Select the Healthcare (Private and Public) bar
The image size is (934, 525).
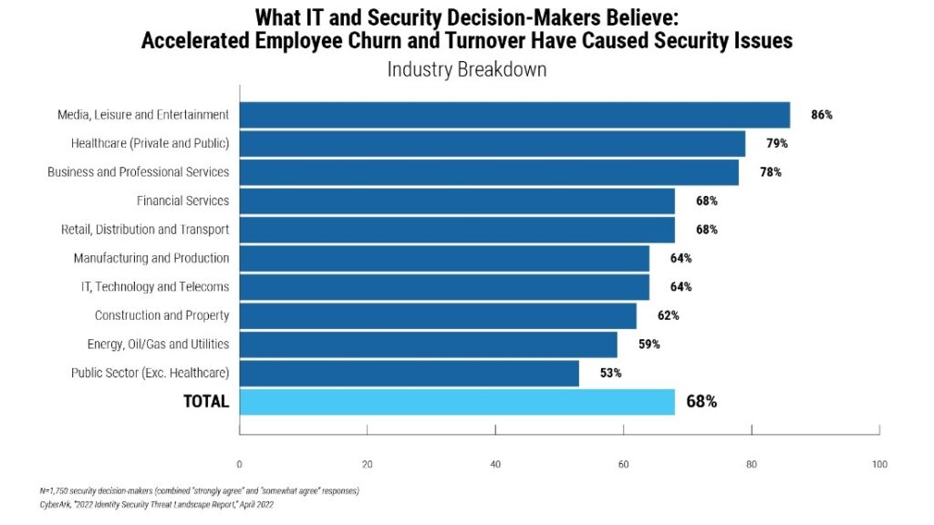[x=493, y=143]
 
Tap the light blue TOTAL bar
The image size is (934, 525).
[x=457, y=401]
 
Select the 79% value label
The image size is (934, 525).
[x=777, y=143]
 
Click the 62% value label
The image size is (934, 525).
[x=668, y=315]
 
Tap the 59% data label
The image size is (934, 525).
[x=649, y=345]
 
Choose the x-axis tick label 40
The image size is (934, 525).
[x=495, y=465]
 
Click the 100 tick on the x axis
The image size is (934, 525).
[x=879, y=465]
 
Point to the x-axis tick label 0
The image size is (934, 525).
[x=239, y=465]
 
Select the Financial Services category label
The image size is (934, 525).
[x=182, y=201]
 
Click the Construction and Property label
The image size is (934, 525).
[x=161, y=315]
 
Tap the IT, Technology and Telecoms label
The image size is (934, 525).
[x=155, y=287]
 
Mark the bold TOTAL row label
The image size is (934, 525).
[x=206, y=402]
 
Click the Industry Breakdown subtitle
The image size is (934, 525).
[x=467, y=69]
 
